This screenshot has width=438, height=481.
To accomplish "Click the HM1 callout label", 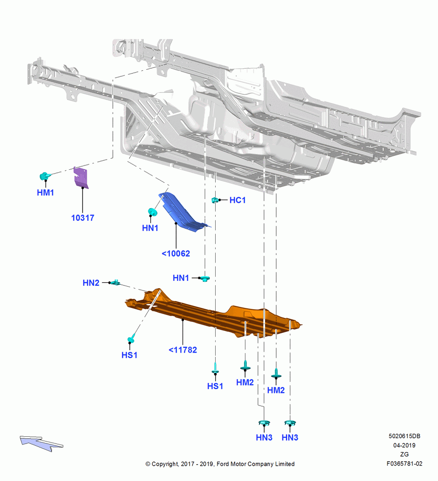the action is click(45, 193).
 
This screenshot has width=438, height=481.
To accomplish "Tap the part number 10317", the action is click(83, 218).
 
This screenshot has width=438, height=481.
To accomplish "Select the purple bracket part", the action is click(81, 177).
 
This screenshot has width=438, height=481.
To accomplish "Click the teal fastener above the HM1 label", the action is click(45, 176).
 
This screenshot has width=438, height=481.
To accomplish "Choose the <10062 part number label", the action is click(176, 253).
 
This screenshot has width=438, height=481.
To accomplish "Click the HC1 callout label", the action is click(238, 200).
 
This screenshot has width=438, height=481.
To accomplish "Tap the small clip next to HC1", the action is click(215, 200).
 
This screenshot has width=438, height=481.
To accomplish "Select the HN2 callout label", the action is click(91, 283).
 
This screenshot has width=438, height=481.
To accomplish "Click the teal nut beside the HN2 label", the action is click(115, 282).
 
